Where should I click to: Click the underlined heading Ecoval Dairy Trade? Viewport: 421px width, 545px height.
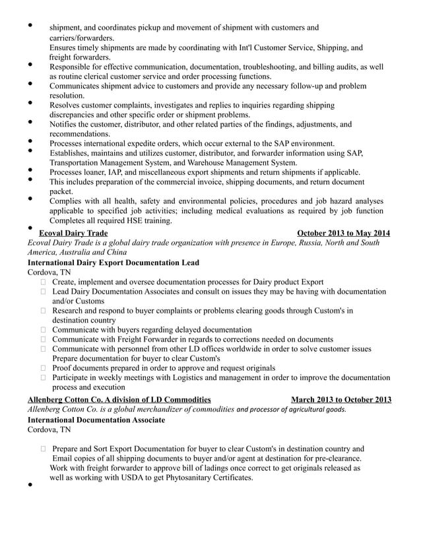point(74,233)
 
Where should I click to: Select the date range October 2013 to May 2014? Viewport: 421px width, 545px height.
point(343,233)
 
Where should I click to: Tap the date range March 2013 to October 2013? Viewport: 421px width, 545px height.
point(340,399)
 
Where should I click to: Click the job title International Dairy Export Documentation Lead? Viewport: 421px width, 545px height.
point(113,262)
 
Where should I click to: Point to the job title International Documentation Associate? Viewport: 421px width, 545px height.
point(96,419)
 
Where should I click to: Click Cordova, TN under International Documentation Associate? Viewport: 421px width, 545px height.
point(49,430)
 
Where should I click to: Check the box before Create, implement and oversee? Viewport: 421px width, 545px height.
point(44,282)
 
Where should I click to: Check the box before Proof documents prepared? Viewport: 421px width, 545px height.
point(44,368)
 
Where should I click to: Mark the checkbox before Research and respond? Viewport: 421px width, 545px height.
point(44,311)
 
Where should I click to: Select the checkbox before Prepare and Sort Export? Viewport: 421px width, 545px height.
point(44,449)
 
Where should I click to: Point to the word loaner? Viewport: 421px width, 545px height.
point(102,172)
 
